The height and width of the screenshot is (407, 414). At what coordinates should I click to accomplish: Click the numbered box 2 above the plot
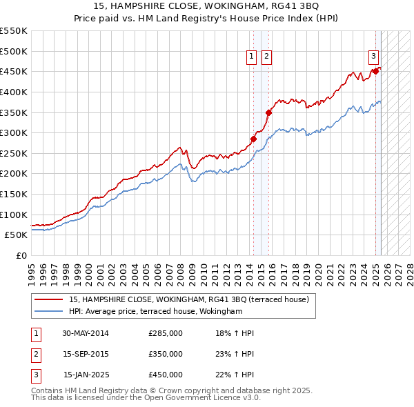266,57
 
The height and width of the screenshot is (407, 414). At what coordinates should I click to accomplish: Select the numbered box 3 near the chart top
373,57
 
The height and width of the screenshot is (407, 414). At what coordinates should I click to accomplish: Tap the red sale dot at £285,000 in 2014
253,139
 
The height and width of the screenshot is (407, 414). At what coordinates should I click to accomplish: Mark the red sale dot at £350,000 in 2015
269,112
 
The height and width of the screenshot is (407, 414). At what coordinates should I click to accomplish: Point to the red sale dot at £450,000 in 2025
376,71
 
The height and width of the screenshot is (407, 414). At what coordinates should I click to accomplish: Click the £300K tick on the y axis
14,132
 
